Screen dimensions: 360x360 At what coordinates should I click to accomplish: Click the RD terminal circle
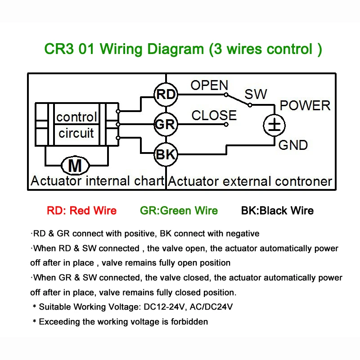[166, 94]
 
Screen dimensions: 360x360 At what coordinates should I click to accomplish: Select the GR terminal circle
[166, 124]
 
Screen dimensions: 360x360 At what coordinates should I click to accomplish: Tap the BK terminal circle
[166, 154]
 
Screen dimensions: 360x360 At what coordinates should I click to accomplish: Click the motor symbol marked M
[75, 165]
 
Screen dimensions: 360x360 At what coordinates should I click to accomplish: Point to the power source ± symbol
[274, 126]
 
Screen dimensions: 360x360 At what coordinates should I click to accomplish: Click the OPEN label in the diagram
[209, 85]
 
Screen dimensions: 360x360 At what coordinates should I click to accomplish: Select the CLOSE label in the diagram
[214, 115]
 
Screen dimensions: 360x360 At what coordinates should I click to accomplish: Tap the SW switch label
[256, 94]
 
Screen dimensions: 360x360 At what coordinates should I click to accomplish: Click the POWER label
[305, 106]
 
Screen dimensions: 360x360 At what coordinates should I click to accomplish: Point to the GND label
[293, 145]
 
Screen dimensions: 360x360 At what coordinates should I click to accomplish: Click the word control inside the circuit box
[76, 117]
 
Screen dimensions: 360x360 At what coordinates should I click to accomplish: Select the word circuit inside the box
[76, 133]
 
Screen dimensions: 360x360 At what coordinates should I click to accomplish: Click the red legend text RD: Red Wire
[82, 211]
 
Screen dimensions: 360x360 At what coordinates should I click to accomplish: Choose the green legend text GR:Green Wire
[179, 211]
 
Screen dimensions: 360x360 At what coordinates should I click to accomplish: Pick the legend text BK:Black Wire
[277, 211]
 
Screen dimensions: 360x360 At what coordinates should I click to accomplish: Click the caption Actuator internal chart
[97, 181]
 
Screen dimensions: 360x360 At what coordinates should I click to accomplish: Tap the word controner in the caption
[303, 181]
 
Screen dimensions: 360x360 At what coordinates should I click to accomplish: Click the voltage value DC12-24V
[164, 307]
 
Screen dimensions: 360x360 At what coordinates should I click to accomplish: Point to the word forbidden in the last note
[189, 322]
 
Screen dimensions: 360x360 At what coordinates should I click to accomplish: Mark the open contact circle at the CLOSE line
[226, 125]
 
